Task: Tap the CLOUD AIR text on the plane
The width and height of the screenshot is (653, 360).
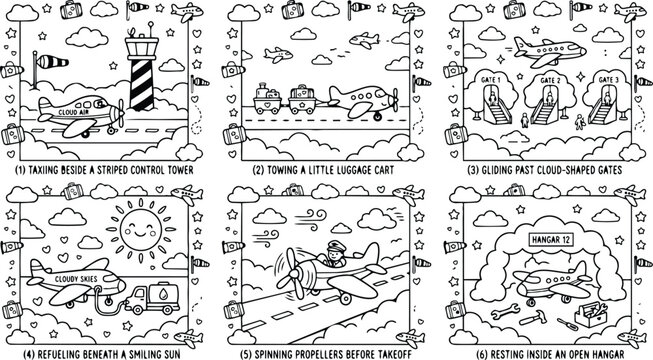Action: (x=74, y=112)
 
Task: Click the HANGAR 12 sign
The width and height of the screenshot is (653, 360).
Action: (x=551, y=240)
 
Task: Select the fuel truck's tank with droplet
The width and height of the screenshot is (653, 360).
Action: (x=164, y=293)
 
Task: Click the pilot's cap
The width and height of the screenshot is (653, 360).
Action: (x=336, y=246)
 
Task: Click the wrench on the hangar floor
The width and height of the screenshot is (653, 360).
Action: (x=505, y=311)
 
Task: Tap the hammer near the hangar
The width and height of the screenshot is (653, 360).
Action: (x=533, y=318)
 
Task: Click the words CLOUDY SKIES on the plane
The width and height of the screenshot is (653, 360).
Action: (x=76, y=279)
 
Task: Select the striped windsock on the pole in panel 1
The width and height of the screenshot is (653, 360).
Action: (x=52, y=62)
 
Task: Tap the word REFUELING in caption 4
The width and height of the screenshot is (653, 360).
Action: (x=57, y=355)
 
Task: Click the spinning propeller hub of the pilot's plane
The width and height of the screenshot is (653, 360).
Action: (x=294, y=274)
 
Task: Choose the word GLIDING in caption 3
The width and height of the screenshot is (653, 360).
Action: (x=497, y=170)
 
